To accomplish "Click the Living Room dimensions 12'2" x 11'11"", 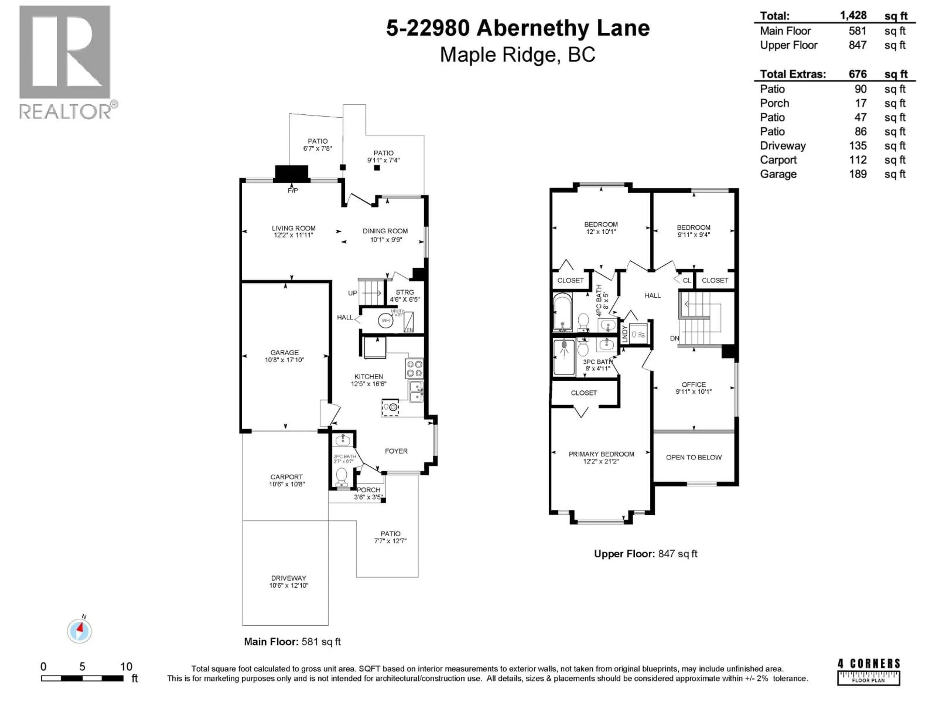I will click(x=293, y=235).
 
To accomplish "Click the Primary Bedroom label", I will click(x=601, y=454).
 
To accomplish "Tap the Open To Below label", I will click(x=693, y=457).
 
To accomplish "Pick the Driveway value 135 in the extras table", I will click(x=857, y=146).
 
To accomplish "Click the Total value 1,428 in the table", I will click(x=853, y=16).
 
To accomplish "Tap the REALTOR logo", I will click(x=66, y=62).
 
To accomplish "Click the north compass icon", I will click(x=79, y=631).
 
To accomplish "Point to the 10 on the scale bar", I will click(x=126, y=667).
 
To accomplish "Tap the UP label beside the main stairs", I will click(x=352, y=293).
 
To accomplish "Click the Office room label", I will click(x=693, y=384).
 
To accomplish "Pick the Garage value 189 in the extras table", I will click(x=857, y=174).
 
